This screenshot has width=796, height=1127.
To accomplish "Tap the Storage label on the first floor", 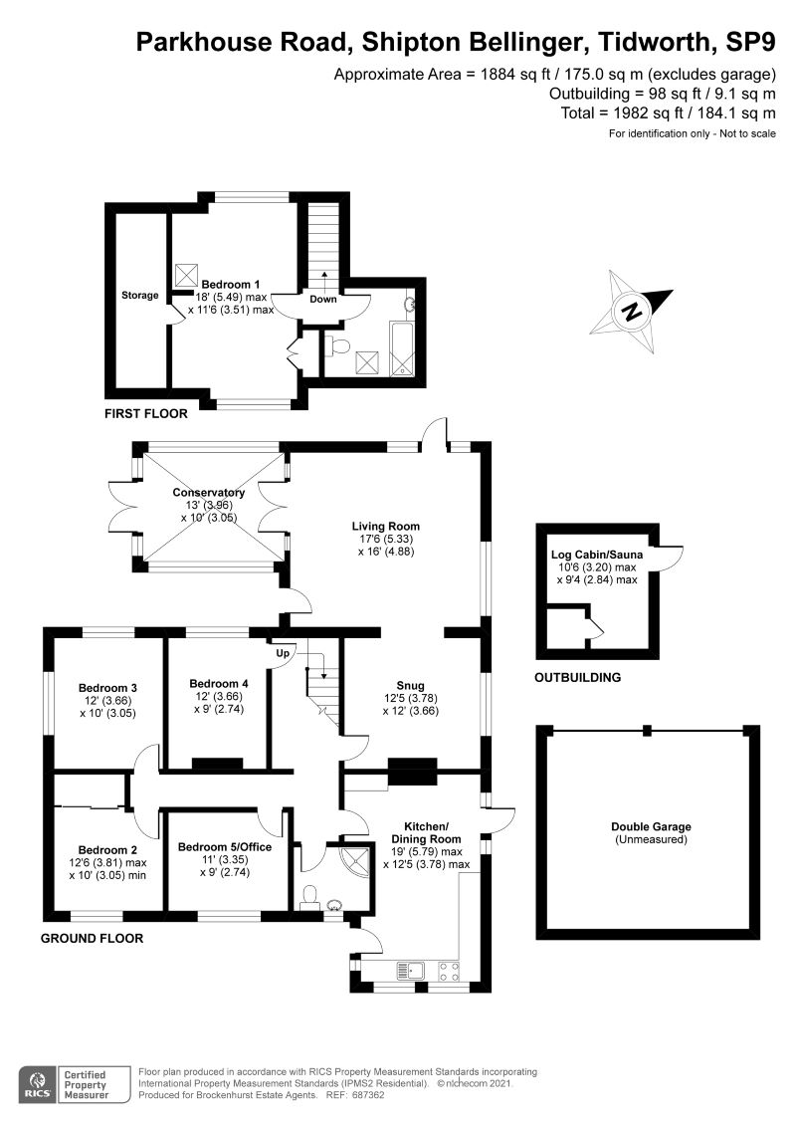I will point(140,295).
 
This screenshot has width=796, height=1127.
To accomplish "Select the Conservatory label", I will point(208,493).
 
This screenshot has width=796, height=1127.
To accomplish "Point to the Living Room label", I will point(385,526).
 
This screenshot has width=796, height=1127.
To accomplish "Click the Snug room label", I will point(410,685).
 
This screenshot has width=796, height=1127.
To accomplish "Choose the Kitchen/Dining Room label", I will point(426,831).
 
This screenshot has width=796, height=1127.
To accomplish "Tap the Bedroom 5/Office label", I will point(224,847).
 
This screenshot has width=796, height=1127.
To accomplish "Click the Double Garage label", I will point(652,826).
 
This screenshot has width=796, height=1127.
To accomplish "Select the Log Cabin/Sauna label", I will point(593,555).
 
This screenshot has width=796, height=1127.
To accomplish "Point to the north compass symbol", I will point(630,310).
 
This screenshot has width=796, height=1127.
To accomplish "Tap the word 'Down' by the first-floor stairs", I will point(323,299).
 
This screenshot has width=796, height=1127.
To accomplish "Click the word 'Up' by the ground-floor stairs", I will point(282,654).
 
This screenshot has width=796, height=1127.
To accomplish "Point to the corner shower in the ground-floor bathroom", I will point(353,859).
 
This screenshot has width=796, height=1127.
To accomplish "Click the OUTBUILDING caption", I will point(578,677).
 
